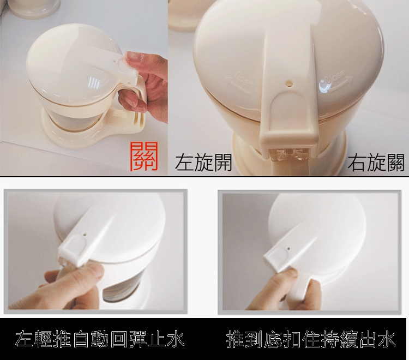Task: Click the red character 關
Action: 145,156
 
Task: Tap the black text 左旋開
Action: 203,163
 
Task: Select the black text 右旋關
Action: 376,163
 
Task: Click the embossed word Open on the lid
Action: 240,80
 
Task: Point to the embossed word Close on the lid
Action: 335,80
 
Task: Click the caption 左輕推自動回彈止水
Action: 100,339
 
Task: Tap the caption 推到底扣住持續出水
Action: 311,339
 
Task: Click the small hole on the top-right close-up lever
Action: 289,83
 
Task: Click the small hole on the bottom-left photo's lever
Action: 85,234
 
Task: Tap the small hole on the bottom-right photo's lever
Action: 288,248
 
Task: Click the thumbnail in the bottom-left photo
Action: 97,270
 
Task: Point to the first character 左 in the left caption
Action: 24,339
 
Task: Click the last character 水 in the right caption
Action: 387,339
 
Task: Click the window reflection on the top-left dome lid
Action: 95,83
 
